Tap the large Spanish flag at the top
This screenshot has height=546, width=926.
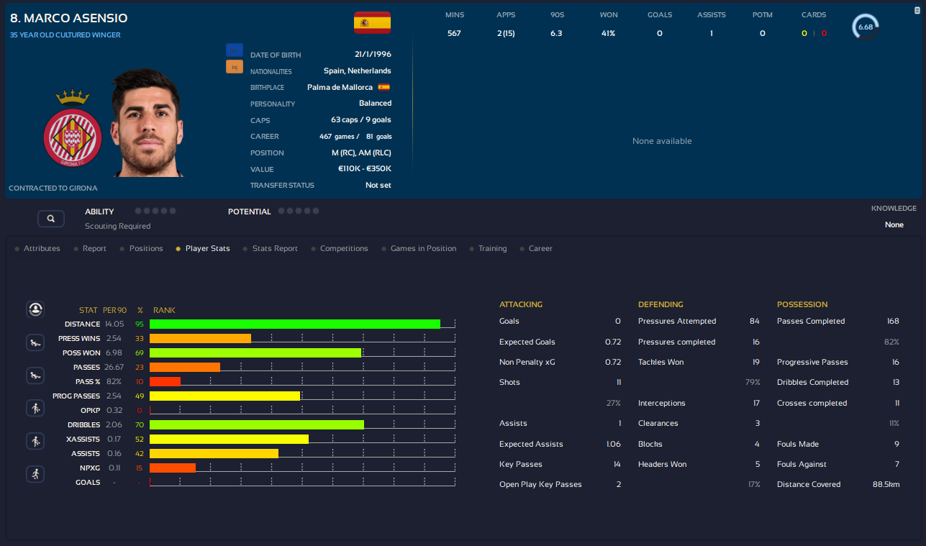372,23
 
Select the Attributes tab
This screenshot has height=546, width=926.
42,248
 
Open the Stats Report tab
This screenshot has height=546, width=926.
275,248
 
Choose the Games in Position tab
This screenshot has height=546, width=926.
423,248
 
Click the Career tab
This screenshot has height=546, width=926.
540,248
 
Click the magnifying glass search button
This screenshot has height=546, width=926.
51,218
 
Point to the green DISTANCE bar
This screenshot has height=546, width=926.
294,324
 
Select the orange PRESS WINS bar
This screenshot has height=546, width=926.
200,338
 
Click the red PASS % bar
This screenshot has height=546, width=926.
165,381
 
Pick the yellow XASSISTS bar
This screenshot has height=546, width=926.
229,439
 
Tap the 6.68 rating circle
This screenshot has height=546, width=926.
865,27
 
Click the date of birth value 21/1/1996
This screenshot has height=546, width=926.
373,55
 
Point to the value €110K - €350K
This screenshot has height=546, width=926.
364,169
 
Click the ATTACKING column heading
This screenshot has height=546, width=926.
521,304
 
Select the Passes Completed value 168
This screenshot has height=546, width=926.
892,321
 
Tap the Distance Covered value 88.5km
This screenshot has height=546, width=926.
886,484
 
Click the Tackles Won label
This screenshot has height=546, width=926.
661,362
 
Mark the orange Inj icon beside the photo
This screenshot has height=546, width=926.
235,67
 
